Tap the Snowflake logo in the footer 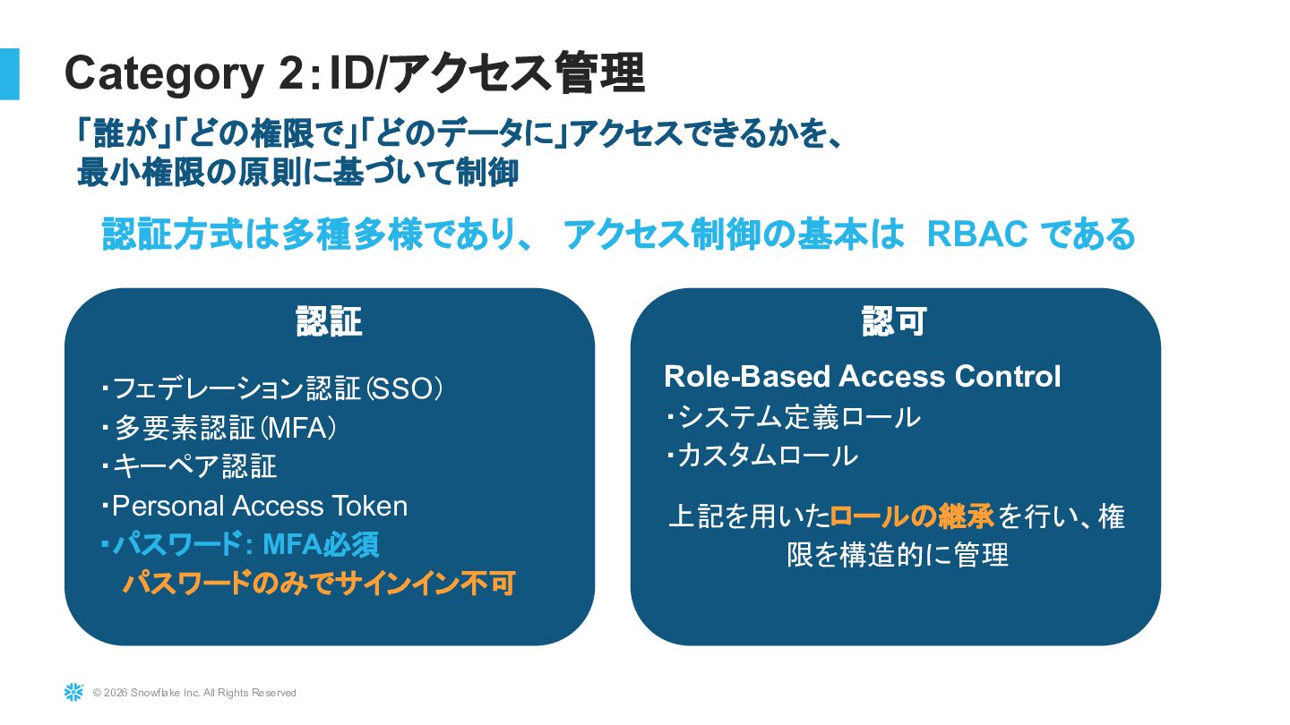73,692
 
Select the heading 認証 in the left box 329,321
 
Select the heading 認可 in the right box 894,321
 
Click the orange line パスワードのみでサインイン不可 318,584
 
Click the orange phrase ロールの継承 912,516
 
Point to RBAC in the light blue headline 977,235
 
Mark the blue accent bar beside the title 9,73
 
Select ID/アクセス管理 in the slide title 487,74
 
